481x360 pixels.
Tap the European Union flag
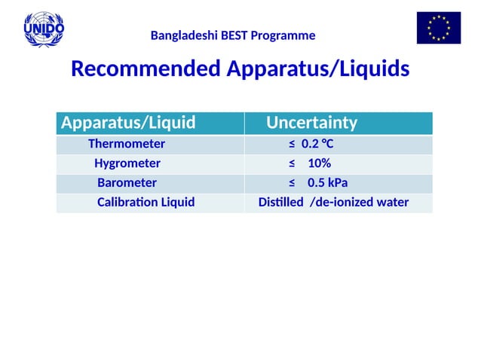coord(438,29)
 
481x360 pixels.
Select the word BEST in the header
coord(237,35)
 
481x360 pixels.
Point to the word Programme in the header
coord(286,35)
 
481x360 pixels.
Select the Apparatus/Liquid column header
coord(128,123)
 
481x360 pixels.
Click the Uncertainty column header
coord(311,123)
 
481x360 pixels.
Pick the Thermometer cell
coord(127,144)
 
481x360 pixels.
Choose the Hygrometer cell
coord(127,163)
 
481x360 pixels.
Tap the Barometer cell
coord(127,183)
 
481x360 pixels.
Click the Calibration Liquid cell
coord(146,202)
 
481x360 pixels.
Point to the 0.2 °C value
coord(317,144)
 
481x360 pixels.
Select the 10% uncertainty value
coord(319,163)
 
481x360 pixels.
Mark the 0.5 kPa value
coord(327,183)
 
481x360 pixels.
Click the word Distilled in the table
coord(280,202)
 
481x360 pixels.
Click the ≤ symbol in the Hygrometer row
coord(292,163)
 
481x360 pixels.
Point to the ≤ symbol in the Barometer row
coord(292,183)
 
